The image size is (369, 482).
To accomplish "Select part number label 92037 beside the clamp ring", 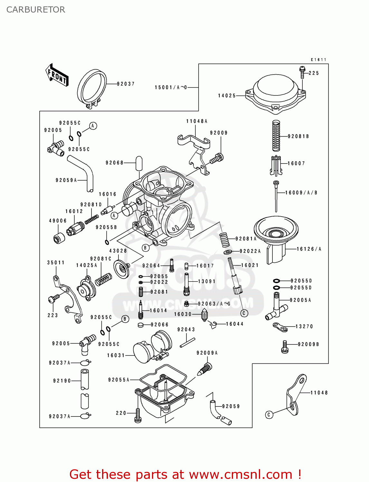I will pos(126,84).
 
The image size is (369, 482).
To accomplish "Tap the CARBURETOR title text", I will pos(36,10).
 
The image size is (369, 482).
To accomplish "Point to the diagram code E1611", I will pos(318,60).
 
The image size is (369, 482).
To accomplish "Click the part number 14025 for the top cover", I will pos(227,96).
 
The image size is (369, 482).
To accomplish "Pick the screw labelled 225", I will pos(302,73).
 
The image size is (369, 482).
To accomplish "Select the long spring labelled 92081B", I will pos(276,136).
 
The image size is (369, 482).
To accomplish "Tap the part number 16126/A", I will pos(309,249).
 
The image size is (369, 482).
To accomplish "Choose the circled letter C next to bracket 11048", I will pos(269,415).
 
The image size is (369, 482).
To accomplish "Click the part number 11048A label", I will pos(197,121).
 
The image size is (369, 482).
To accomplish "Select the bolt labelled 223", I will pos(53,299).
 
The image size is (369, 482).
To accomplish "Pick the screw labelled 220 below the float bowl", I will pos(138,415).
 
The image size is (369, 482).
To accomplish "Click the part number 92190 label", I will pos(62,381).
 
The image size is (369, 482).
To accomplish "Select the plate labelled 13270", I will pos(280,327).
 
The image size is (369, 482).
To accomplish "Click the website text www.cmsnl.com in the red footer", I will pos(241,474).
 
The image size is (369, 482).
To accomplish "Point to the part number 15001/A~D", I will pos(171,87).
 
